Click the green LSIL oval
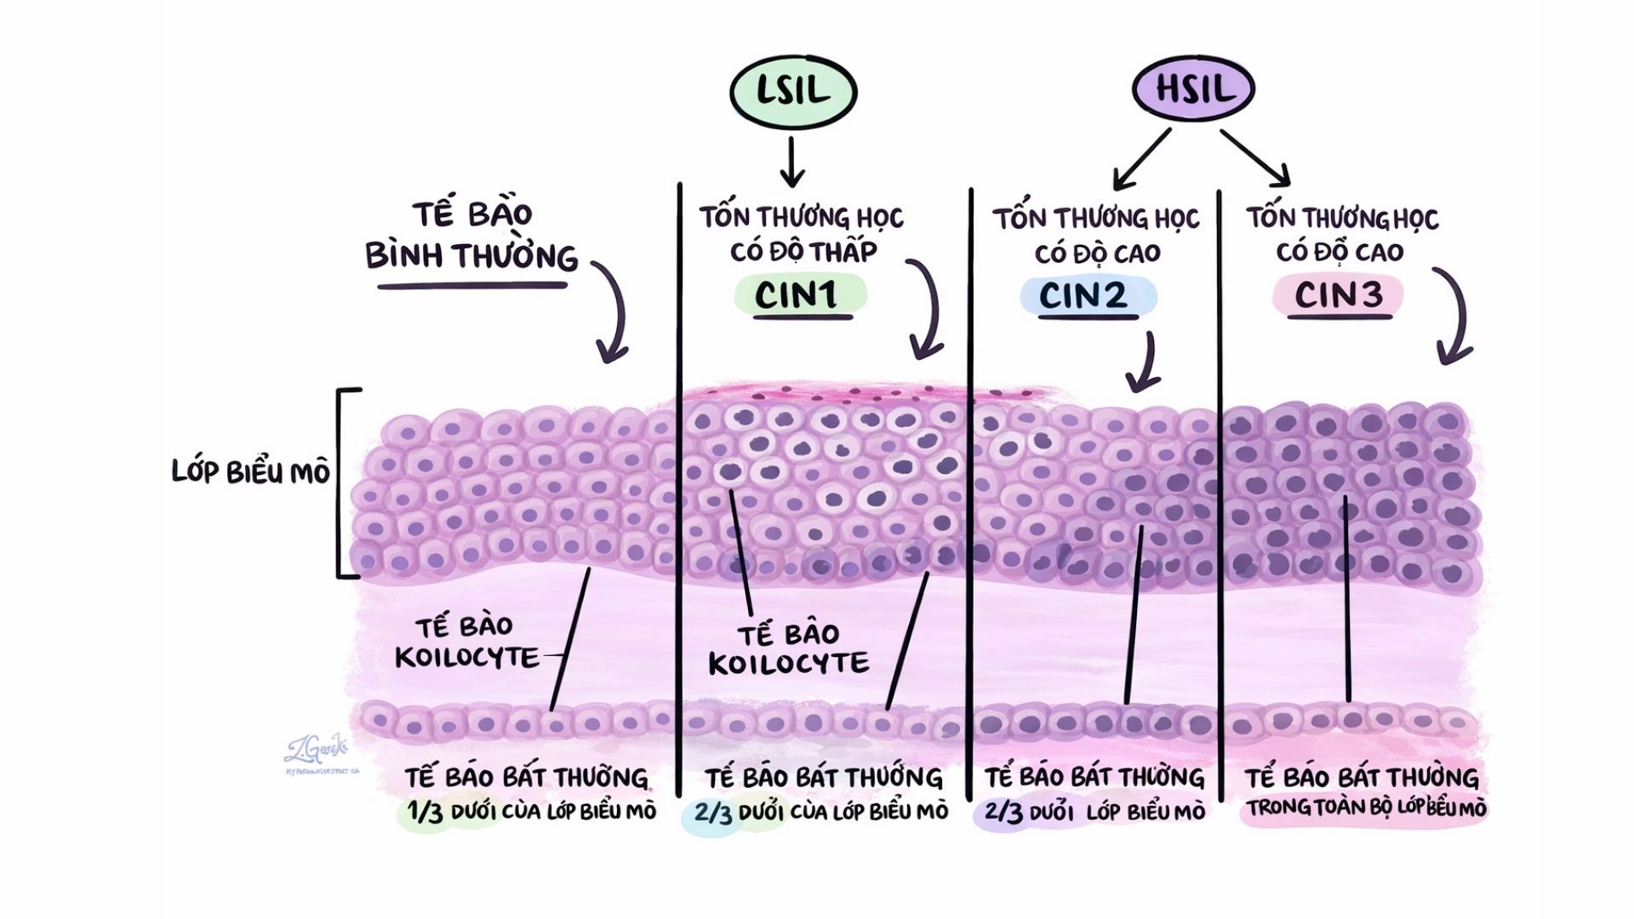(x=792, y=91)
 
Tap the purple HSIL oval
(x=1193, y=88)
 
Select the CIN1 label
(x=797, y=295)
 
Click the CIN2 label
(x=1083, y=295)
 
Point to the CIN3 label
(x=1339, y=295)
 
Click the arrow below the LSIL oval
(x=792, y=162)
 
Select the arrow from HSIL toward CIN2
(x=1142, y=158)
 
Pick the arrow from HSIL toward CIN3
(x=1256, y=157)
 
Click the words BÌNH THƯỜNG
(x=471, y=256)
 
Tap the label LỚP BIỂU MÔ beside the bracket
(x=250, y=472)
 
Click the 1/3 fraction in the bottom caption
(x=426, y=812)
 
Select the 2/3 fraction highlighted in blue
(x=713, y=813)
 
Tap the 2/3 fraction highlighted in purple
(x=1003, y=813)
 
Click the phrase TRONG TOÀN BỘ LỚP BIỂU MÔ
(x=1367, y=808)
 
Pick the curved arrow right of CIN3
(x=1454, y=315)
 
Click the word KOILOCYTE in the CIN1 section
(x=789, y=665)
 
